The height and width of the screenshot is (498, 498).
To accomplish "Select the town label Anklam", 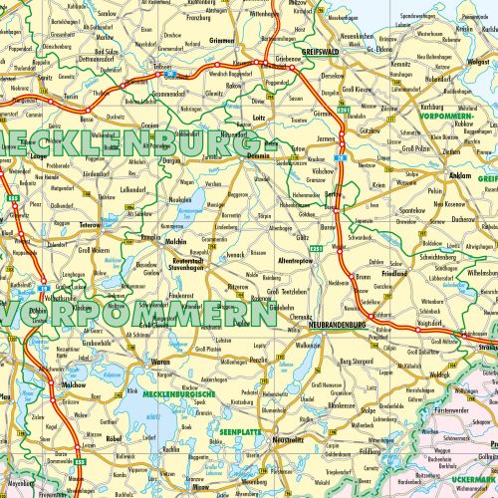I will click(x=433, y=175).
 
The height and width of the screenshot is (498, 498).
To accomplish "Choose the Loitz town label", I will click(x=259, y=118).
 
